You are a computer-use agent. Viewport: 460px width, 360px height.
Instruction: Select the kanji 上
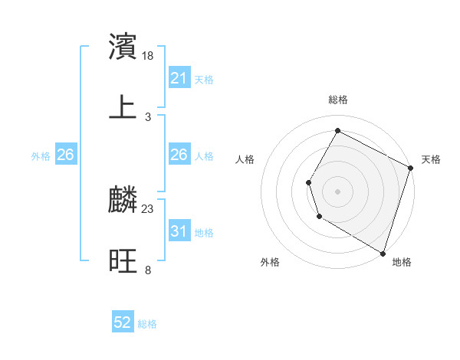(123, 107)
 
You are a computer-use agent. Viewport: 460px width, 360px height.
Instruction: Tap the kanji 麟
(123, 200)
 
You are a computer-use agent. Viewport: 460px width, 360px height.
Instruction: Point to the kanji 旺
(123, 261)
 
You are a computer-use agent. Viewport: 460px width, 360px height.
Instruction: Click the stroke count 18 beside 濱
(149, 56)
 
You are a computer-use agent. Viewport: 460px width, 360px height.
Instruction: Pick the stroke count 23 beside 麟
(149, 209)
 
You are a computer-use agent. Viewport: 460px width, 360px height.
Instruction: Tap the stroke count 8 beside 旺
(148, 270)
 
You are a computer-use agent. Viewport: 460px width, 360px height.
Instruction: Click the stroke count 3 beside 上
(148, 117)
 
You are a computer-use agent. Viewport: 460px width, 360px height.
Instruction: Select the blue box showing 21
(179, 78)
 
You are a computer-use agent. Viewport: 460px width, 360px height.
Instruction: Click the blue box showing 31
(179, 231)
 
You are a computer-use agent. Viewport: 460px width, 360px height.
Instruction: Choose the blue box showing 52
(123, 323)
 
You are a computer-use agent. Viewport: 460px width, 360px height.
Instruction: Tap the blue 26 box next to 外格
(66, 155)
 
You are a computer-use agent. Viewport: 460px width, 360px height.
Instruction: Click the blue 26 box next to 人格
(179, 155)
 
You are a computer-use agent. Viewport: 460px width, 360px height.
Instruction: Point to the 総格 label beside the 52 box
(147, 324)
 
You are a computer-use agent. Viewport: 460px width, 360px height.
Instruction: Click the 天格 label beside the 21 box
(204, 80)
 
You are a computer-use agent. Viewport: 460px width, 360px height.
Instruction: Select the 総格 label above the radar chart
(338, 100)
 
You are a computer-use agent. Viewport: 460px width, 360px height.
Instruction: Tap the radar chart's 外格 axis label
(270, 262)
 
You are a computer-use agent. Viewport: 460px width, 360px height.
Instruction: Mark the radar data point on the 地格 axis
(383, 253)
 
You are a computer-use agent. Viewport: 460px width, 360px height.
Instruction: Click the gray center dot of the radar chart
(337, 191)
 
